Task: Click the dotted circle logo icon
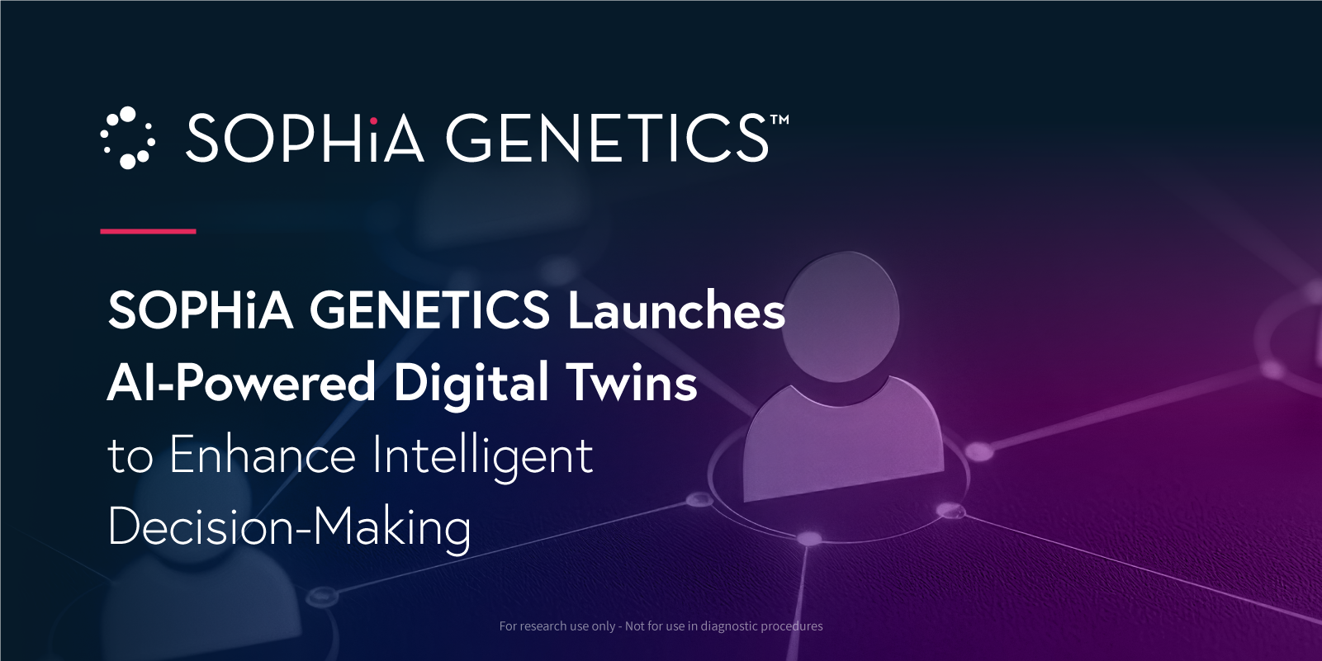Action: coord(127,138)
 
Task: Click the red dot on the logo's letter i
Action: coord(373,121)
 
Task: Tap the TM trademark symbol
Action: coord(779,120)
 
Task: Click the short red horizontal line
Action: coord(148,231)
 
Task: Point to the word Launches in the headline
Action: coord(676,310)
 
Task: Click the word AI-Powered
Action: coord(241,383)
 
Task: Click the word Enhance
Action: coord(263,455)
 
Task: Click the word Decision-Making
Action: coord(290,528)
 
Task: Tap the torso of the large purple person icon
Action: coord(843,439)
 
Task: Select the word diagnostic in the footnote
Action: coord(729,626)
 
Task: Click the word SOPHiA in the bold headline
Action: coord(201,310)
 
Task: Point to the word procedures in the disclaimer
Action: coord(792,626)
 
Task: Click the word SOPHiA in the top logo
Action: coord(306,138)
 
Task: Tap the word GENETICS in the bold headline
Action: coord(429,310)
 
